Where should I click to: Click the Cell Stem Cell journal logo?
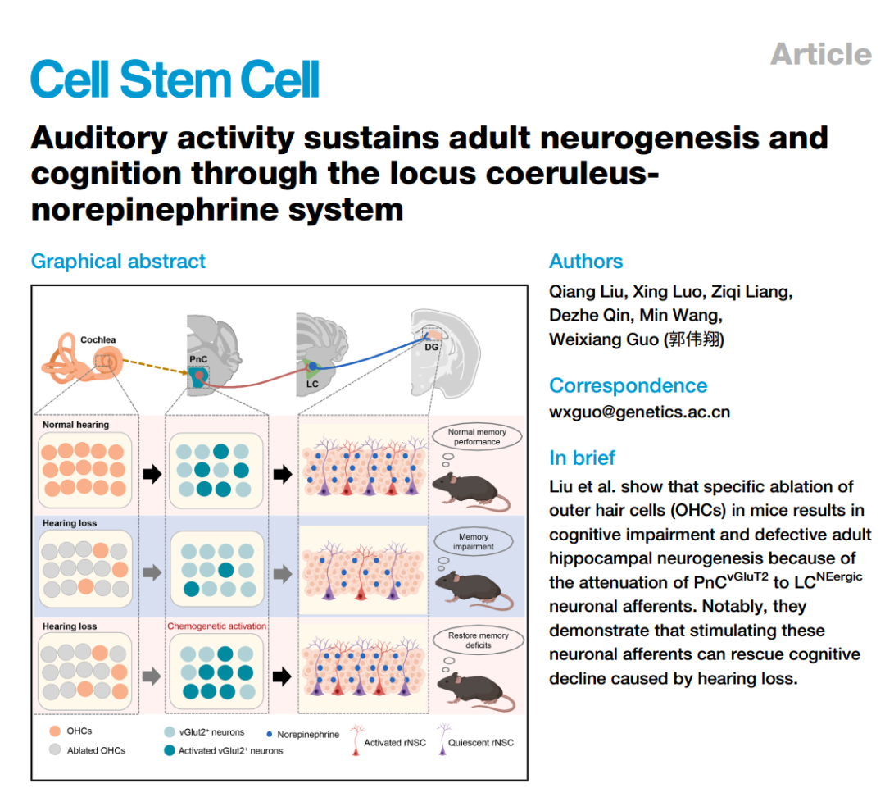click(x=175, y=80)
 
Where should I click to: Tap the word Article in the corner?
click(x=820, y=54)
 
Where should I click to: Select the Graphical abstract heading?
click(x=118, y=262)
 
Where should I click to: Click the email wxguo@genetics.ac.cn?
click(x=639, y=412)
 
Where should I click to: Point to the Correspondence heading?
click(x=628, y=385)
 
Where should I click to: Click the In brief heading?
click(x=582, y=458)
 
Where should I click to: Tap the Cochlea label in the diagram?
click(x=98, y=339)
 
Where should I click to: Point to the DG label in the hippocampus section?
click(x=431, y=347)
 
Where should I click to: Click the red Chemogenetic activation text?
click(x=217, y=626)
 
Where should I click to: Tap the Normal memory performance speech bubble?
click(x=477, y=436)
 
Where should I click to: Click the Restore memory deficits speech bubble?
click(x=478, y=640)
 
